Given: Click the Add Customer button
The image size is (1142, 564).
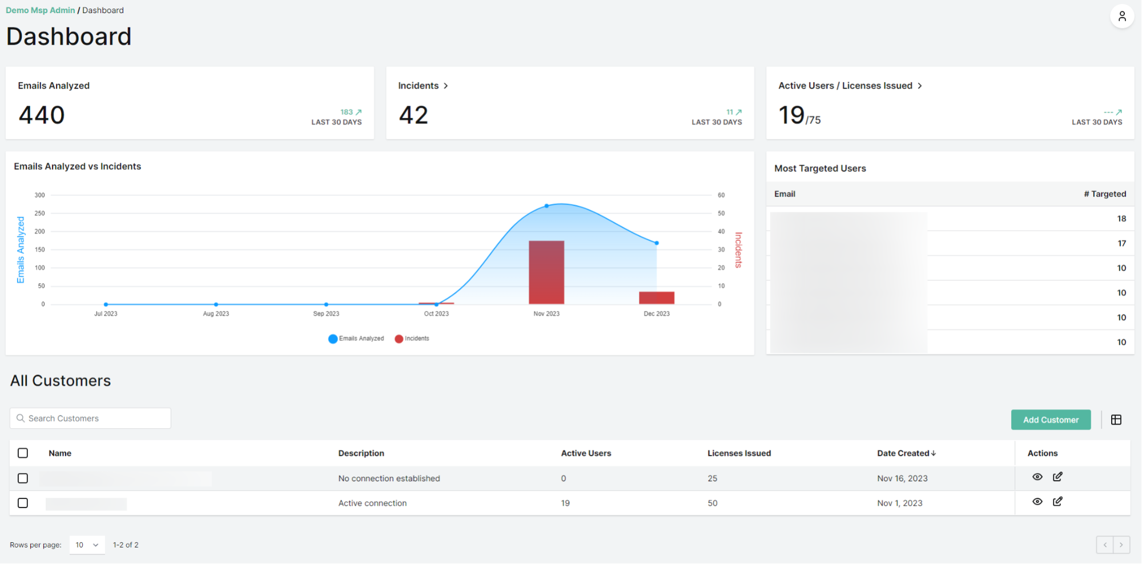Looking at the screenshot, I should point(1051,420).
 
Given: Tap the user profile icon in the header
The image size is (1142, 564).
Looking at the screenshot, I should point(1121,16).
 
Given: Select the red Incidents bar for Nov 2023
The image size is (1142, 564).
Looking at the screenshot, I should point(546,272).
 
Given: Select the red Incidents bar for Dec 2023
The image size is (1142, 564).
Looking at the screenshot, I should point(657,297).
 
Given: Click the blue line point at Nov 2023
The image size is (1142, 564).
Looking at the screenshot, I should point(546,206).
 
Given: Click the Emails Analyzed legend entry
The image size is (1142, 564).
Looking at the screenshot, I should point(356,339).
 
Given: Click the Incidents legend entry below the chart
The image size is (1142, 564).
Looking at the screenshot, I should point(412,339).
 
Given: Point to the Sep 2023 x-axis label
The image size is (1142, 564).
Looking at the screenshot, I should point(326,313).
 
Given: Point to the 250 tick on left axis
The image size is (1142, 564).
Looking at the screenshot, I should point(39,213).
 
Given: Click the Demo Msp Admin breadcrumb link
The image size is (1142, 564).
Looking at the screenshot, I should point(41,10).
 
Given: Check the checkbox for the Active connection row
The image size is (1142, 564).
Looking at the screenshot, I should point(23,503).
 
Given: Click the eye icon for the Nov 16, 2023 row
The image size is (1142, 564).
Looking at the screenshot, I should point(1038,477).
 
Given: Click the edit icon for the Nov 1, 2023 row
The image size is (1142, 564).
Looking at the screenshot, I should point(1057,501).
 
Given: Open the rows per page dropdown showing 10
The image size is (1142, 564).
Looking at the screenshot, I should point(87,545).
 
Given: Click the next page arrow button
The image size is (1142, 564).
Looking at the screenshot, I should point(1121,545).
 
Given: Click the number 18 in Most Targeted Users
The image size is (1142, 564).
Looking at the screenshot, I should point(1121,219).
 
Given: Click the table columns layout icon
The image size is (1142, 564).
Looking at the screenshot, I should point(1116,420).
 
